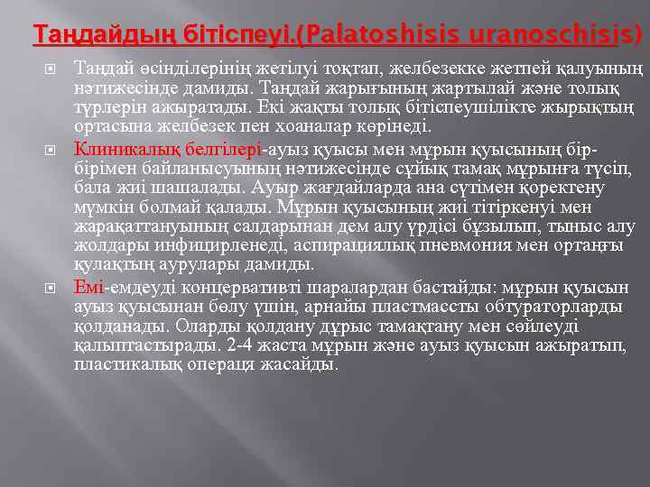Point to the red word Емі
(88, 288)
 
